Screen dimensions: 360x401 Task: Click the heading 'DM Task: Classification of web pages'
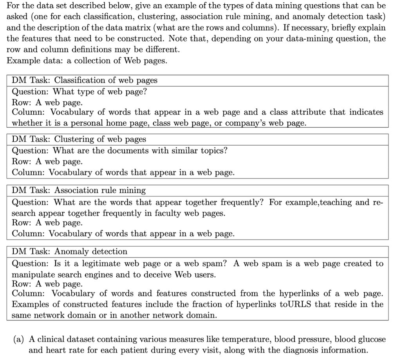[85, 80]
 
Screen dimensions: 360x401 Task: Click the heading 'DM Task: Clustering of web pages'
[79, 139]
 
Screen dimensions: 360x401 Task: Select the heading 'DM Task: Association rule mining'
[79, 191]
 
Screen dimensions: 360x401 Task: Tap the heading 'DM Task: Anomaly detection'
[70, 251]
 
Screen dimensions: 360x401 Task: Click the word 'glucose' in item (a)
[370, 339]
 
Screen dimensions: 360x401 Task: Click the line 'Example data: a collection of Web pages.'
[87, 61]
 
